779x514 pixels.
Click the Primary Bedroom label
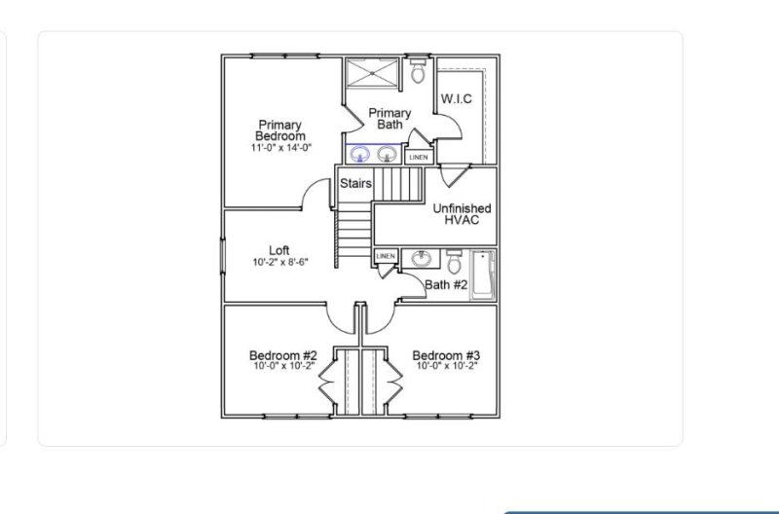pyautogui.click(x=281, y=129)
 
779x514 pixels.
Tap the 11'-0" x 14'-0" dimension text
pyautogui.click(x=281, y=148)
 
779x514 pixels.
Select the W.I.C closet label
pyautogui.click(x=457, y=99)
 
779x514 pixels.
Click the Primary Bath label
pyautogui.click(x=389, y=119)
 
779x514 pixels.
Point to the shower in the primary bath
pyautogui.click(x=372, y=73)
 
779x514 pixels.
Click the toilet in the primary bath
pyautogui.click(x=418, y=72)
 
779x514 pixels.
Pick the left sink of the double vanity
pyautogui.click(x=360, y=154)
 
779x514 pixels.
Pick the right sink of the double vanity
pyautogui.click(x=387, y=154)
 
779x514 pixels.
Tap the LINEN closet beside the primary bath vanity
pyautogui.click(x=418, y=156)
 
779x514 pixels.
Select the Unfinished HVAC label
pyautogui.click(x=462, y=214)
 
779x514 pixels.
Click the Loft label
pyautogui.click(x=278, y=250)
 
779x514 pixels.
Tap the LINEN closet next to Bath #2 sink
pyautogui.click(x=386, y=256)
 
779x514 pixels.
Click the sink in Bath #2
pyautogui.click(x=422, y=259)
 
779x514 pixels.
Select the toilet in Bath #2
pyautogui.click(x=454, y=260)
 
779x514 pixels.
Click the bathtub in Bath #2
pyautogui.click(x=483, y=275)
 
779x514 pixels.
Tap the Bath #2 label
pyautogui.click(x=447, y=285)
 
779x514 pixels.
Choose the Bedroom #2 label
pyautogui.click(x=282, y=355)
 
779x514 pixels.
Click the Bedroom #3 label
pyautogui.click(x=446, y=355)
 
